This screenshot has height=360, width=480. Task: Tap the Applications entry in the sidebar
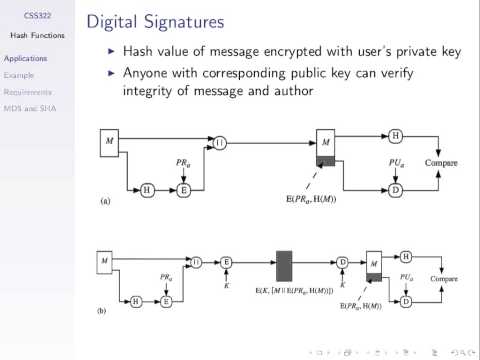pos(25,58)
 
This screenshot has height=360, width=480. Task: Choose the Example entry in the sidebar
pos(19,73)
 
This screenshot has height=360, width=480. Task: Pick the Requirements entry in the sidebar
pos(27,89)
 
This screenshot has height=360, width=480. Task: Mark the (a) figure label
pos(106,202)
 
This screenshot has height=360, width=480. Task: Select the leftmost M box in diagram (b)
pos(104,263)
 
